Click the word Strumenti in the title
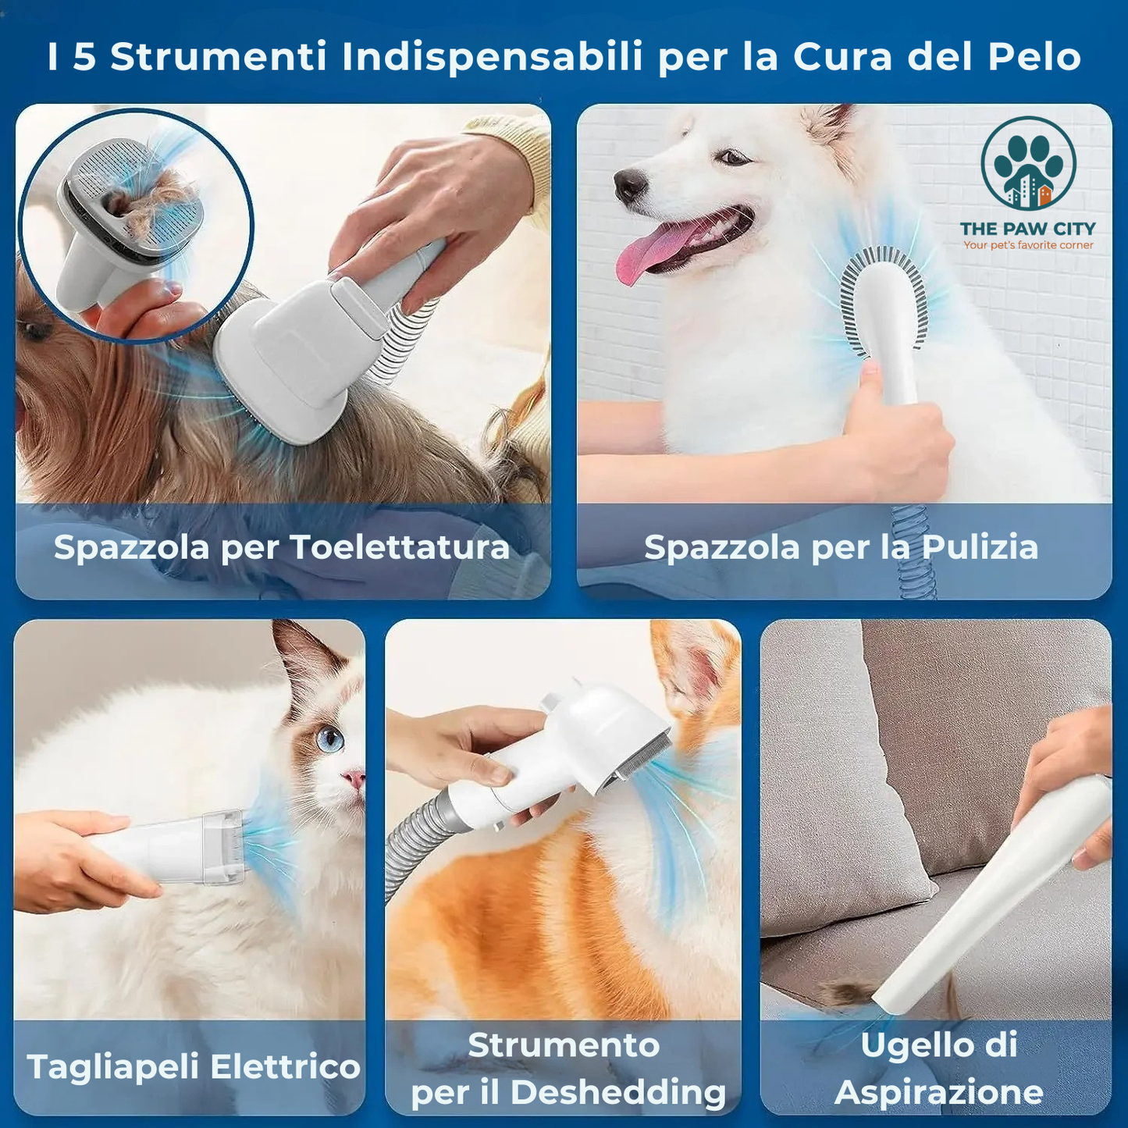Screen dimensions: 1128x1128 218,57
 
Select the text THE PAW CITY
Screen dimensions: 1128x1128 1028,229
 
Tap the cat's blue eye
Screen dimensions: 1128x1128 329,738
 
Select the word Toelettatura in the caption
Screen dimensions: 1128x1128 400,547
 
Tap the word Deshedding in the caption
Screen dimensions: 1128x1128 617,1092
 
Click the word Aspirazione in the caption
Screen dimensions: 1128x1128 938,1092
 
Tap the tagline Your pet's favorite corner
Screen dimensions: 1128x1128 1028,245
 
